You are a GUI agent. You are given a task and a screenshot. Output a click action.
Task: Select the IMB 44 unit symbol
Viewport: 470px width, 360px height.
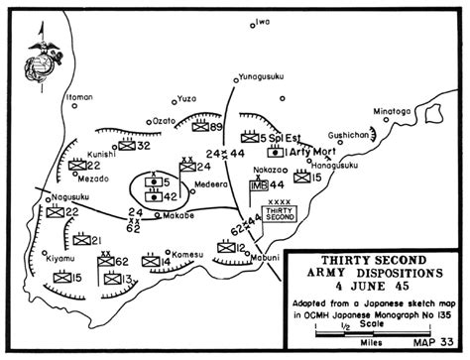[x=274, y=184]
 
